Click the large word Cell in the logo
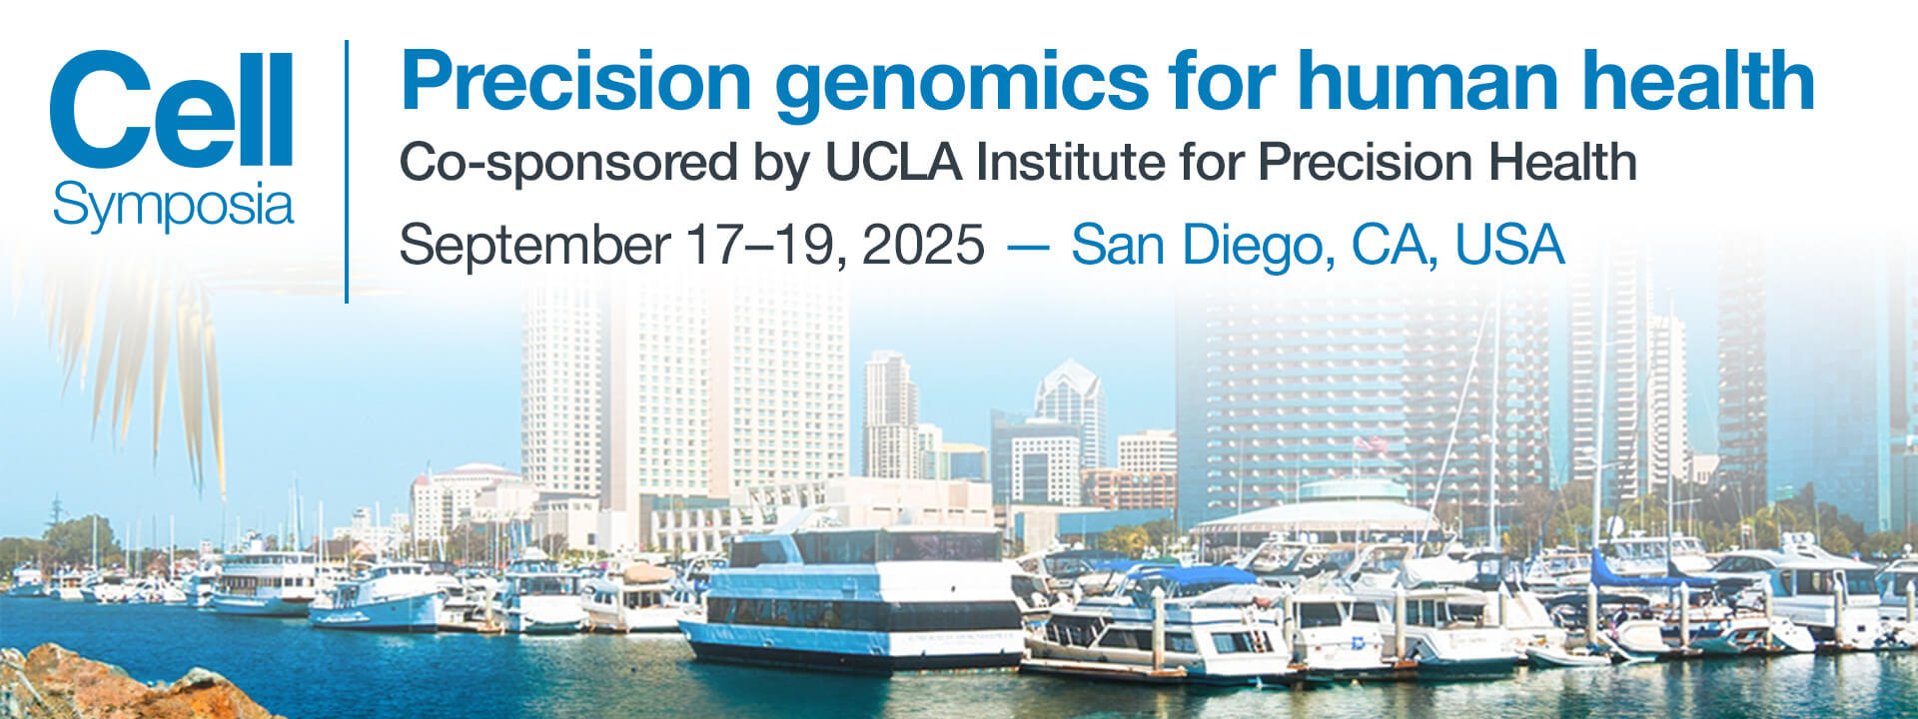point(171,110)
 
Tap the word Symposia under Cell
point(173,207)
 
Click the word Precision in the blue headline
point(575,84)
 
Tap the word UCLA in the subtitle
point(892,162)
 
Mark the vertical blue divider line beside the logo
point(347,171)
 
